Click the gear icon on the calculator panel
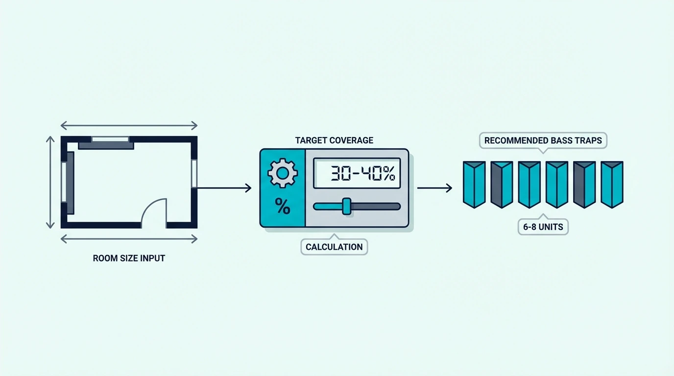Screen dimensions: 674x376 coord(283,173)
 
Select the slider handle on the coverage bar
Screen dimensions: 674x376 coord(347,206)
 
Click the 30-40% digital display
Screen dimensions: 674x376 coord(357,173)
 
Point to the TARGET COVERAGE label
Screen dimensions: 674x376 coord(334,141)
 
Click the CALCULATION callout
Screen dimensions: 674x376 coord(334,247)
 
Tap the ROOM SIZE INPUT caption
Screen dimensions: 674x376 coord(129,258)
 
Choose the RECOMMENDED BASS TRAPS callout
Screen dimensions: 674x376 coord(543,140)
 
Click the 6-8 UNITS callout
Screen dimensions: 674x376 coord(543,226)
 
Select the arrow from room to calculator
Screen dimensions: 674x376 coord(224,188)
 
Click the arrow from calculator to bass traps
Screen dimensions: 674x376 coord(434,188)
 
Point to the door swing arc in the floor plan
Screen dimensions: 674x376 coord(150,205)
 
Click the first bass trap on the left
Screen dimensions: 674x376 coord(474,185)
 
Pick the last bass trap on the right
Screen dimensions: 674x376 coord(612,185)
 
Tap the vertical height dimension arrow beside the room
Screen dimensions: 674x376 coord(50,182)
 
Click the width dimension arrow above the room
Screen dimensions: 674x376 coord(129,125)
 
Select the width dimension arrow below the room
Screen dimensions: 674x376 coord(129,239)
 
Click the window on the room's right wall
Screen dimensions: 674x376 coord(194,174)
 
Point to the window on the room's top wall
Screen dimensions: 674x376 coord(110,139)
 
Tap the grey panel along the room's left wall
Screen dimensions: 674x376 coord(71,183)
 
